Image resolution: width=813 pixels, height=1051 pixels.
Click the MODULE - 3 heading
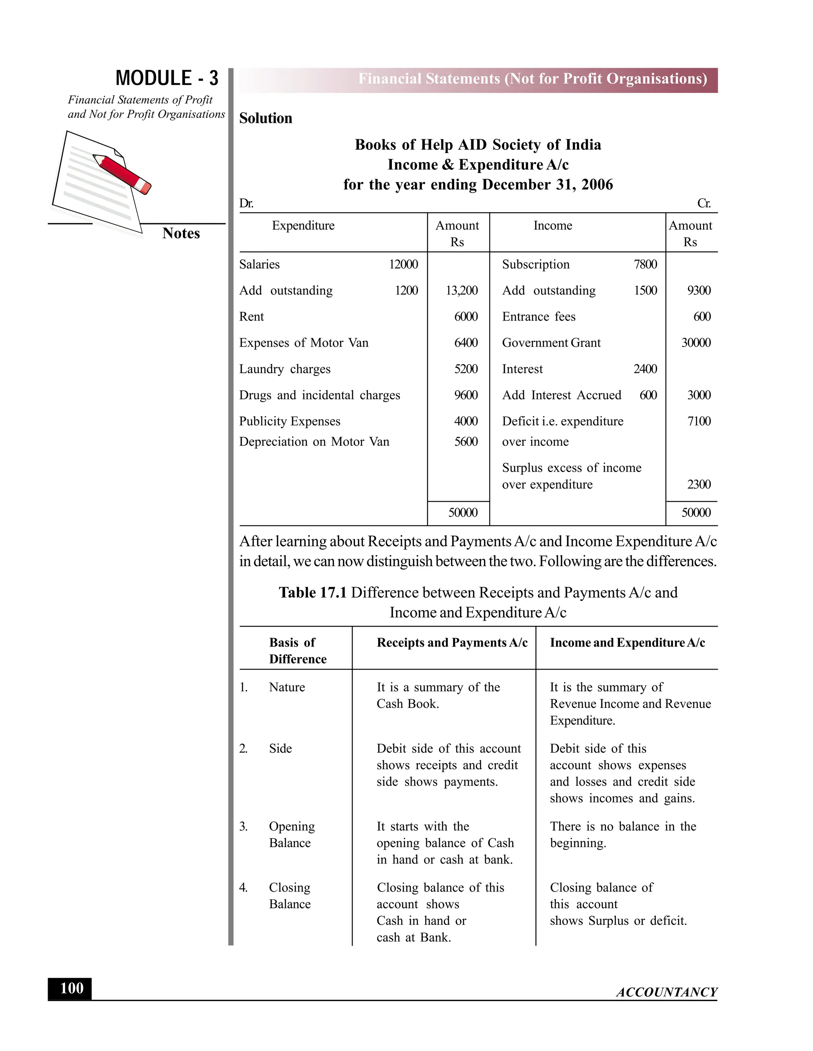tap(167, 79)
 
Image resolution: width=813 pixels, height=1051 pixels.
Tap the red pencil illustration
tap(122, 174)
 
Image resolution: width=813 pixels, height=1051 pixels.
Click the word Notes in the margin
tap(181, 233)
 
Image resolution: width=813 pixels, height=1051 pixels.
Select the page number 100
tap(71, 988)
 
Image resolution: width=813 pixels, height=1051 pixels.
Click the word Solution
tap(266, 118)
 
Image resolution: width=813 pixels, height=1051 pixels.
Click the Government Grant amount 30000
tap(695, 343)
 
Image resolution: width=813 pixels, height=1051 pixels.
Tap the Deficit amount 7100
tap(698, 421)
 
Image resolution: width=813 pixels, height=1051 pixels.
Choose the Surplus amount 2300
tap(698, 484)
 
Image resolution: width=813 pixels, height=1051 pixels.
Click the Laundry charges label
tap(285, 369)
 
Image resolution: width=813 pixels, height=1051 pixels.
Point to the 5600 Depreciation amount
tap(466, 442)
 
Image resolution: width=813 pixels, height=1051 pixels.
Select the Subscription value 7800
tap(645, 264)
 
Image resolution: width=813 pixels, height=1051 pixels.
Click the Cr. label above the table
tap(704, 203)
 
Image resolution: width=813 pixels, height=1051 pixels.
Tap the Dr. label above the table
tap(246, 203)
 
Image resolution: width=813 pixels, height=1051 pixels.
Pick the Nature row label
tap(287, 687)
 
